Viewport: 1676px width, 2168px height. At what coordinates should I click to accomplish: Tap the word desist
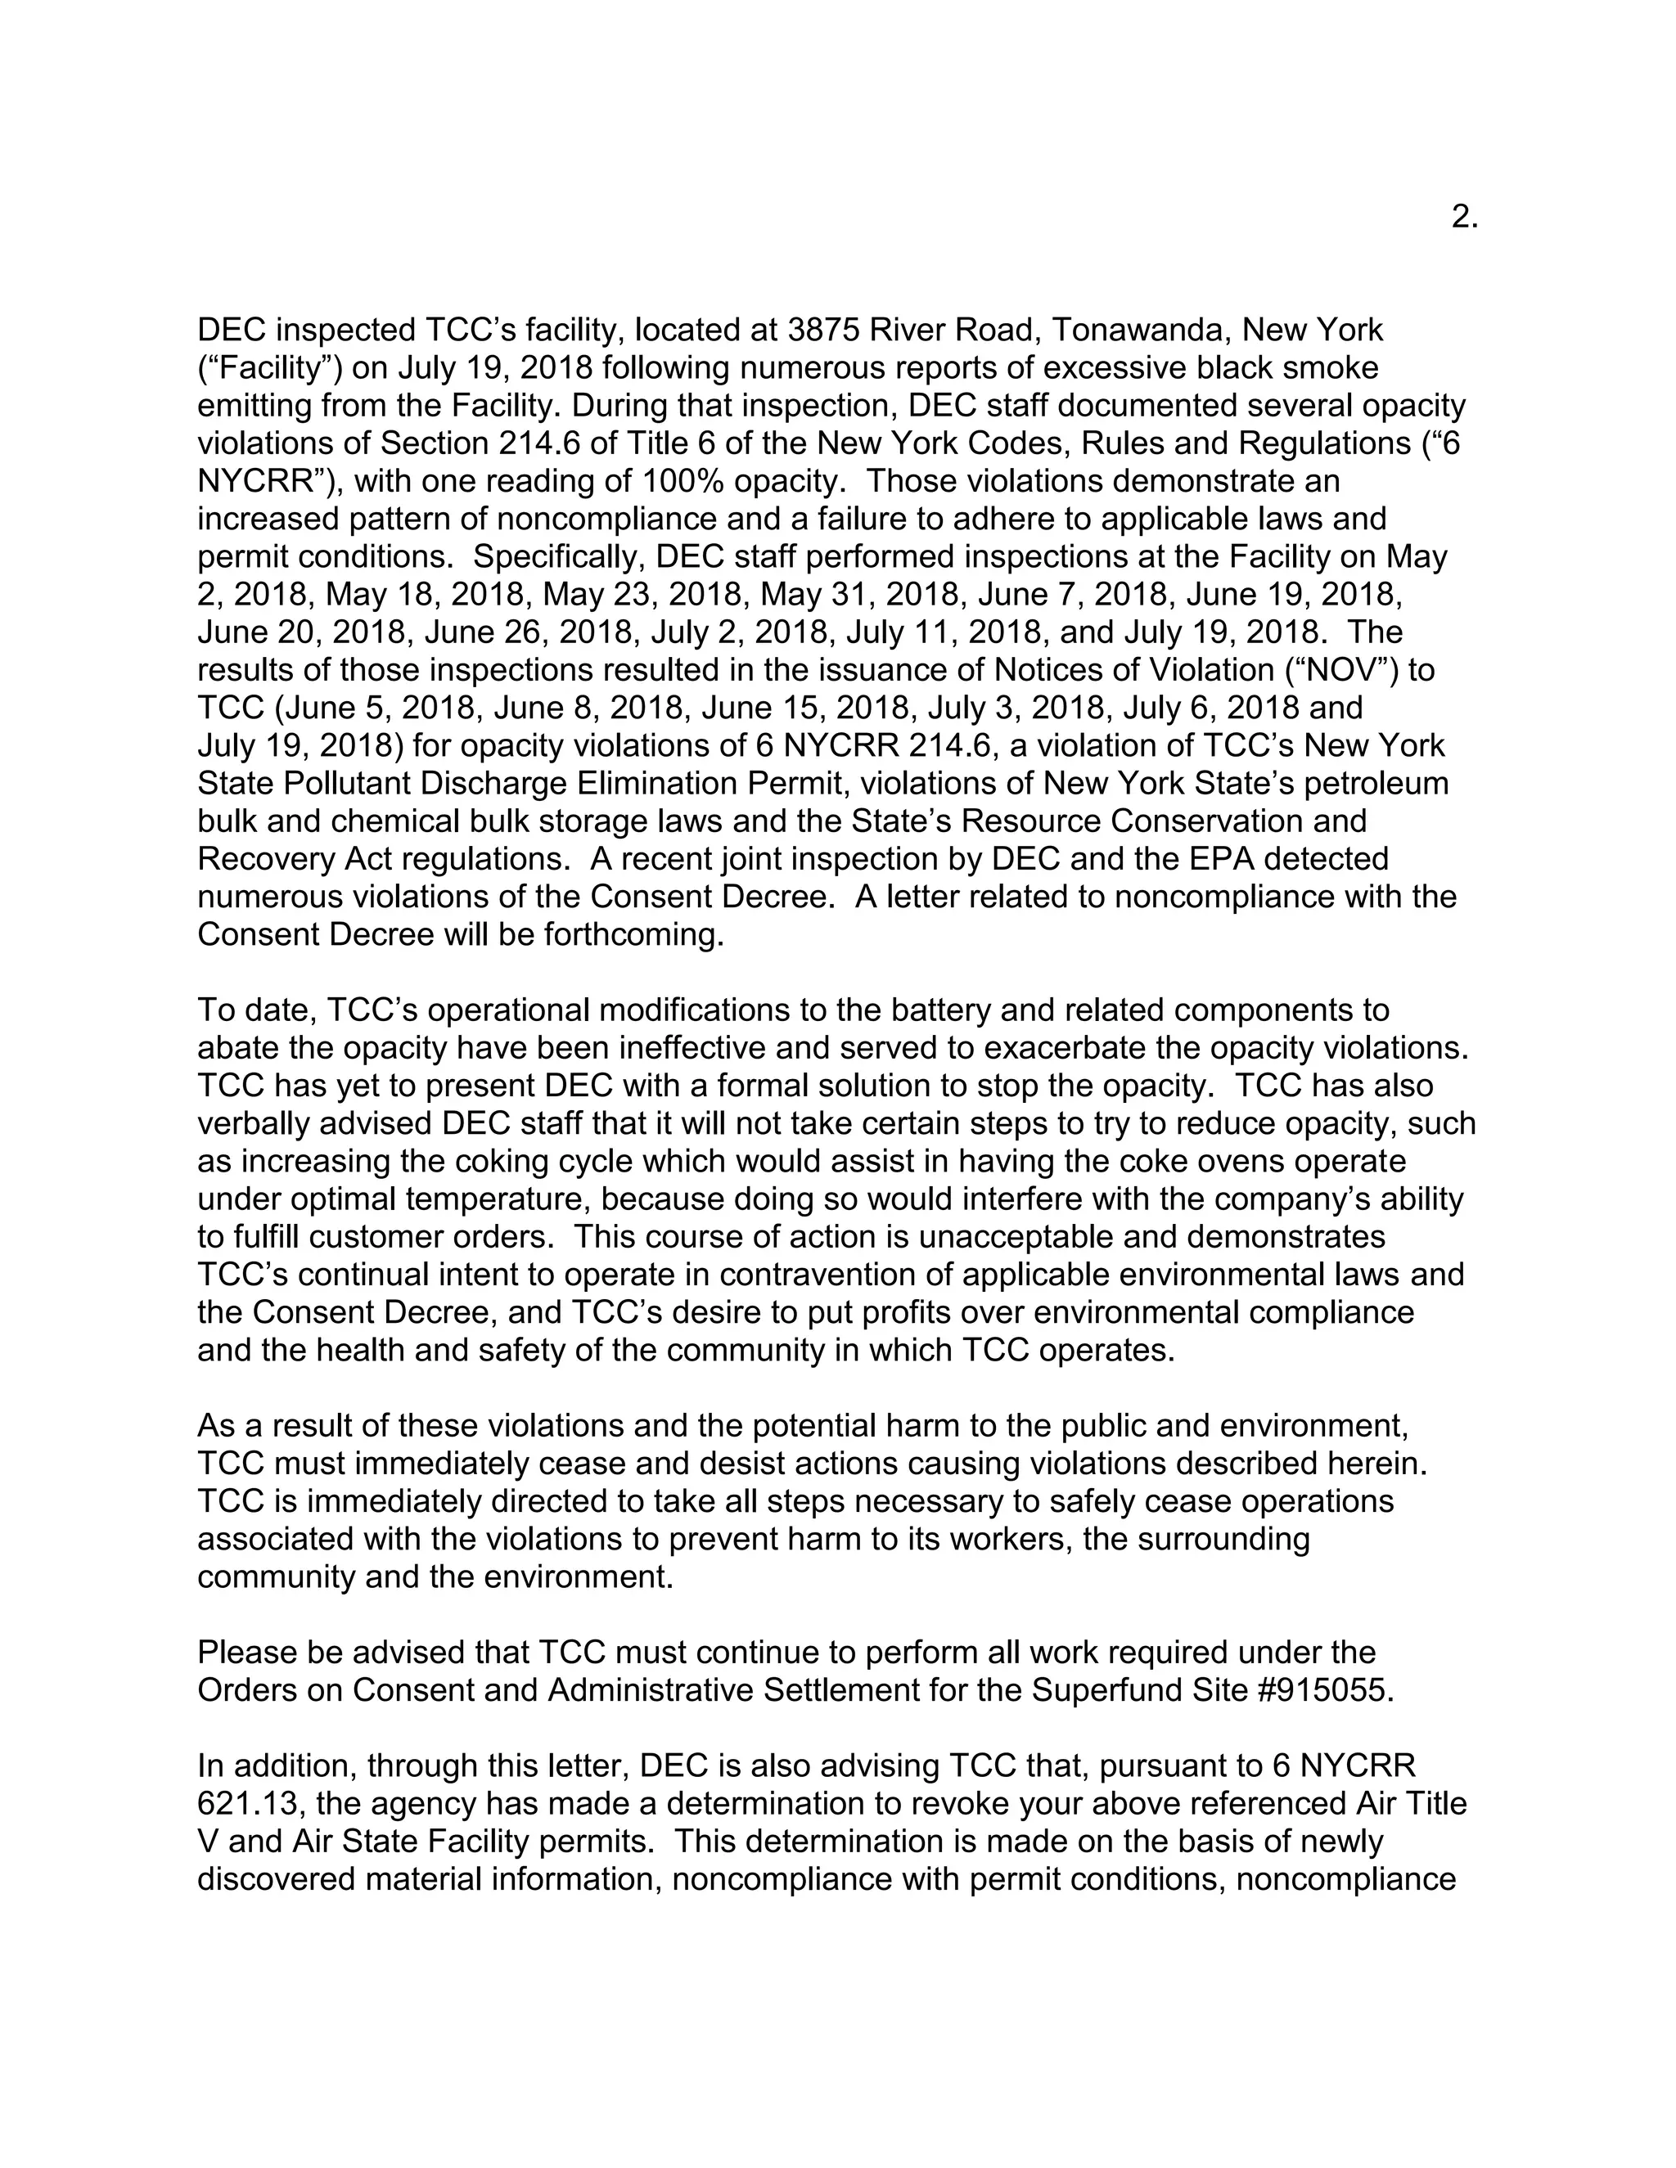pos(849,1464)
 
